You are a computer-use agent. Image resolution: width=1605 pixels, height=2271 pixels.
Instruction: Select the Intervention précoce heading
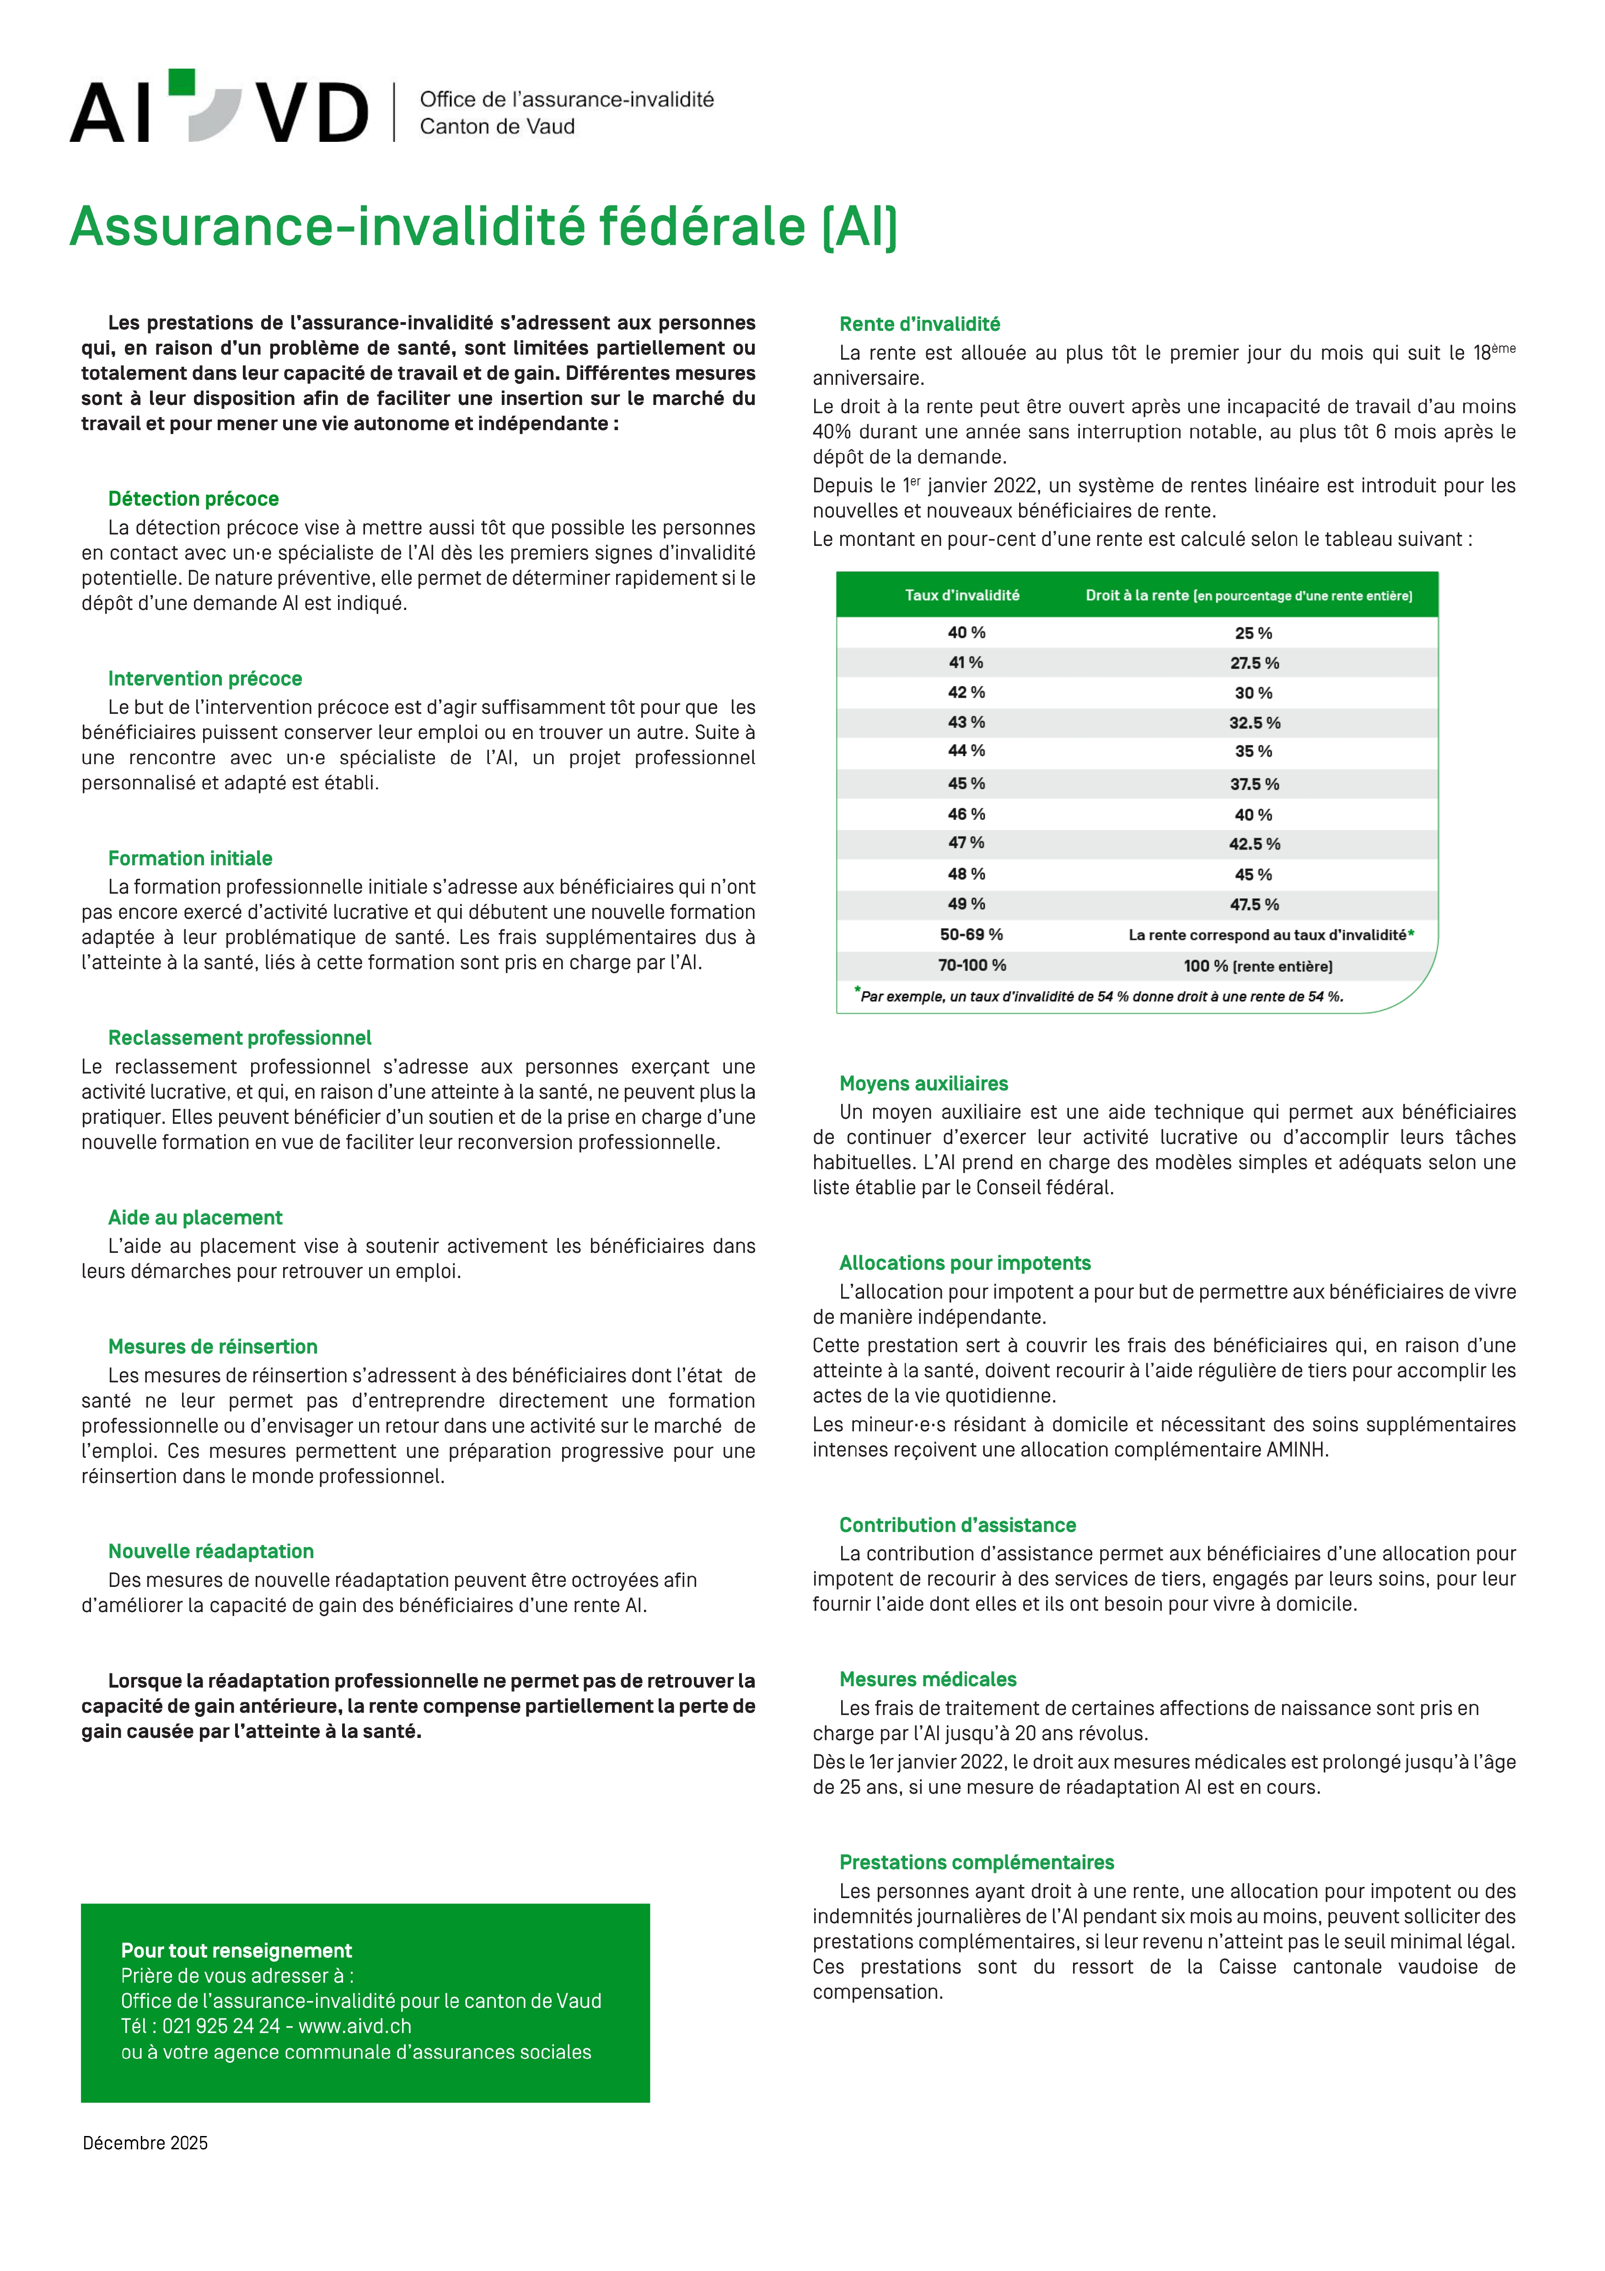(x=205, y=679)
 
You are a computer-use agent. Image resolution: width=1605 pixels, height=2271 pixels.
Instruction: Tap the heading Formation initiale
(x=190, y=858)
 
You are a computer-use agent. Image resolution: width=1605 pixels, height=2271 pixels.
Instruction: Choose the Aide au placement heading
(x=195, y=1218)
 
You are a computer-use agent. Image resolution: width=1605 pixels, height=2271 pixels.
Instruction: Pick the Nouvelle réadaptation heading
(x=211, y=1551)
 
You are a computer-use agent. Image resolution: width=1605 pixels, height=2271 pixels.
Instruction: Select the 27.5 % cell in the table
(x=1254, y=663)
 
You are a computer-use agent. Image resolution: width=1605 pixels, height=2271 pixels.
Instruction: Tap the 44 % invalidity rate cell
(x=966, y=751)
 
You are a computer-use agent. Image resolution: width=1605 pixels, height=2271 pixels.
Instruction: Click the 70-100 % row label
(x=971, y=966)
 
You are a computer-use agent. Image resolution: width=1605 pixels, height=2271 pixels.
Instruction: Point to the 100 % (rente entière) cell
(x=1258, y=966)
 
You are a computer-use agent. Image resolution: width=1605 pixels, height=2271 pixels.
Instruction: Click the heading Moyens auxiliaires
(x=923, y=1083)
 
